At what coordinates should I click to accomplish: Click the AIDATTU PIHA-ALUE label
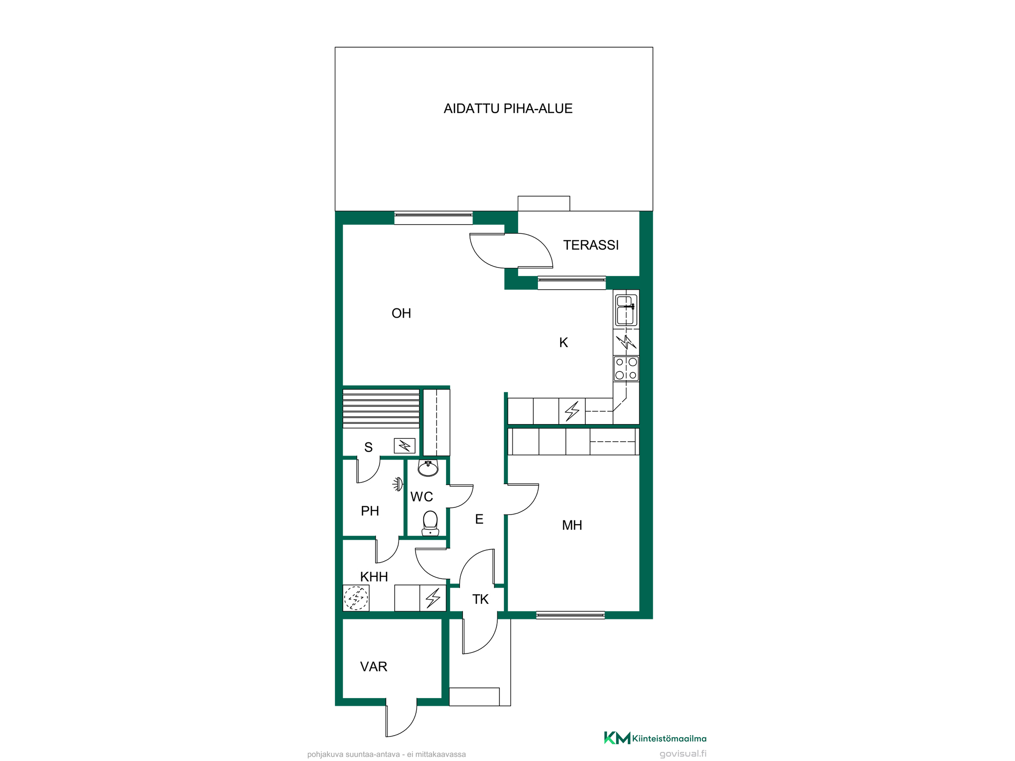click(508, 109)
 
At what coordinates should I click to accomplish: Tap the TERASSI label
click(591, 245)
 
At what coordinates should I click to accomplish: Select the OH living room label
click(401, 314)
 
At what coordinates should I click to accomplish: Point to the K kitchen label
click(563, 343)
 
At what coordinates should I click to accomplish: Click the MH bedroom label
click(572, 525)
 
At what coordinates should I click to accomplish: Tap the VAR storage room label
click(374, 667)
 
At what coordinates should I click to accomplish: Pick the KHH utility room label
click(374, 577)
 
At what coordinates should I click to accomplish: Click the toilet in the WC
click(430, 523)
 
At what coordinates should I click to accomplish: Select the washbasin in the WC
click(428, 468)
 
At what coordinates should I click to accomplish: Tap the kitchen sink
click(626, 310)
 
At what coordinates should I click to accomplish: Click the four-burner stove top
click(626, 369)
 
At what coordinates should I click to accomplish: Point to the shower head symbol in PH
click(398, 484)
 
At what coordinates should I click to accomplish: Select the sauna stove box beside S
click(404, 446)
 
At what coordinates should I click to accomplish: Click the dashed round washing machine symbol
click(356, 598)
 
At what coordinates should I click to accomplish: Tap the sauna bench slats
click(381, 408)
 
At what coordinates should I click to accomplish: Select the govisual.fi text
click(683, 754)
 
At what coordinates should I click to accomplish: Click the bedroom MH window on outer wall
click(570, 615)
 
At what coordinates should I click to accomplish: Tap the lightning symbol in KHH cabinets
click(433, 598)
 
